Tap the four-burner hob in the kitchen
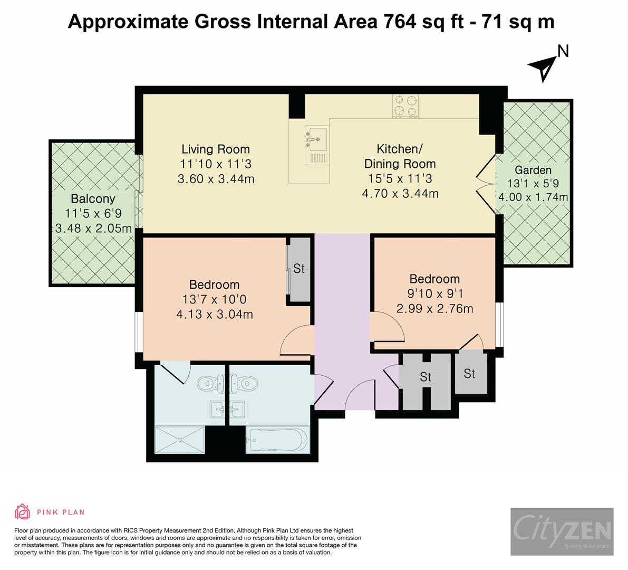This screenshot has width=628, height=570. pyautogui.click(x=404, y=104)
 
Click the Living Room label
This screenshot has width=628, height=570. pyautogui.click(x=216, y=149)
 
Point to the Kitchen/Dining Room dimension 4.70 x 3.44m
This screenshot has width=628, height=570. pyautogui.click(x=400, y=194)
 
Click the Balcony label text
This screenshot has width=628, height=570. pyautogui.click(x=93, y=199)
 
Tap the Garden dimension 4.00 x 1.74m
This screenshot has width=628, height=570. pyautogui.click(x=533, y=197)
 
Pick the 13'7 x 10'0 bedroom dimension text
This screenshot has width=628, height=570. pyautogui.click(x=215, y=300)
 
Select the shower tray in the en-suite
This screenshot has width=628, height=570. pyautogui.click(x=179, y=439)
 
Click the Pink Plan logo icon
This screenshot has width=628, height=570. pyautogui.click(x=22, y=511)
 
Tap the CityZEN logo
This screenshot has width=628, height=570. pyautogui.click(x=562, y=531)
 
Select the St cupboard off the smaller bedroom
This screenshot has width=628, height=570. pyautogui.click(x=469, y=374)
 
